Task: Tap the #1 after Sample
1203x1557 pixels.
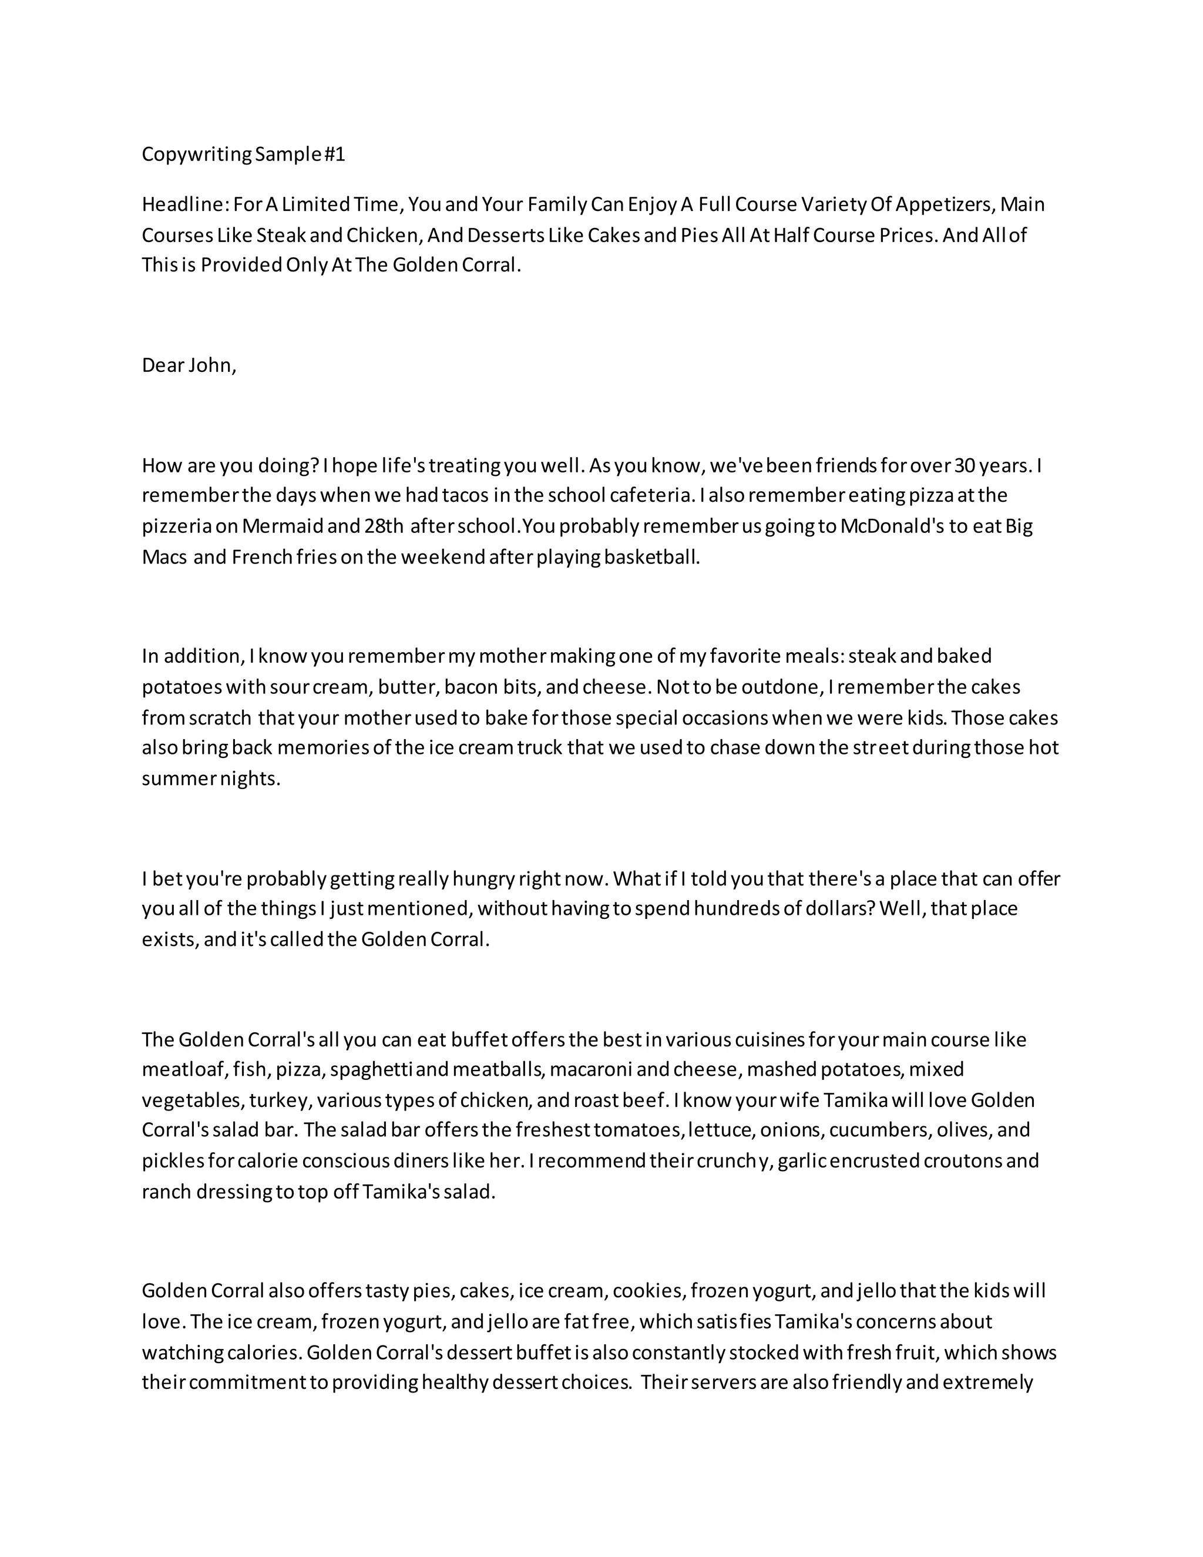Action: click(x=334, y=155)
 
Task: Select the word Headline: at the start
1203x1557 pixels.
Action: click(x=184, y=204)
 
